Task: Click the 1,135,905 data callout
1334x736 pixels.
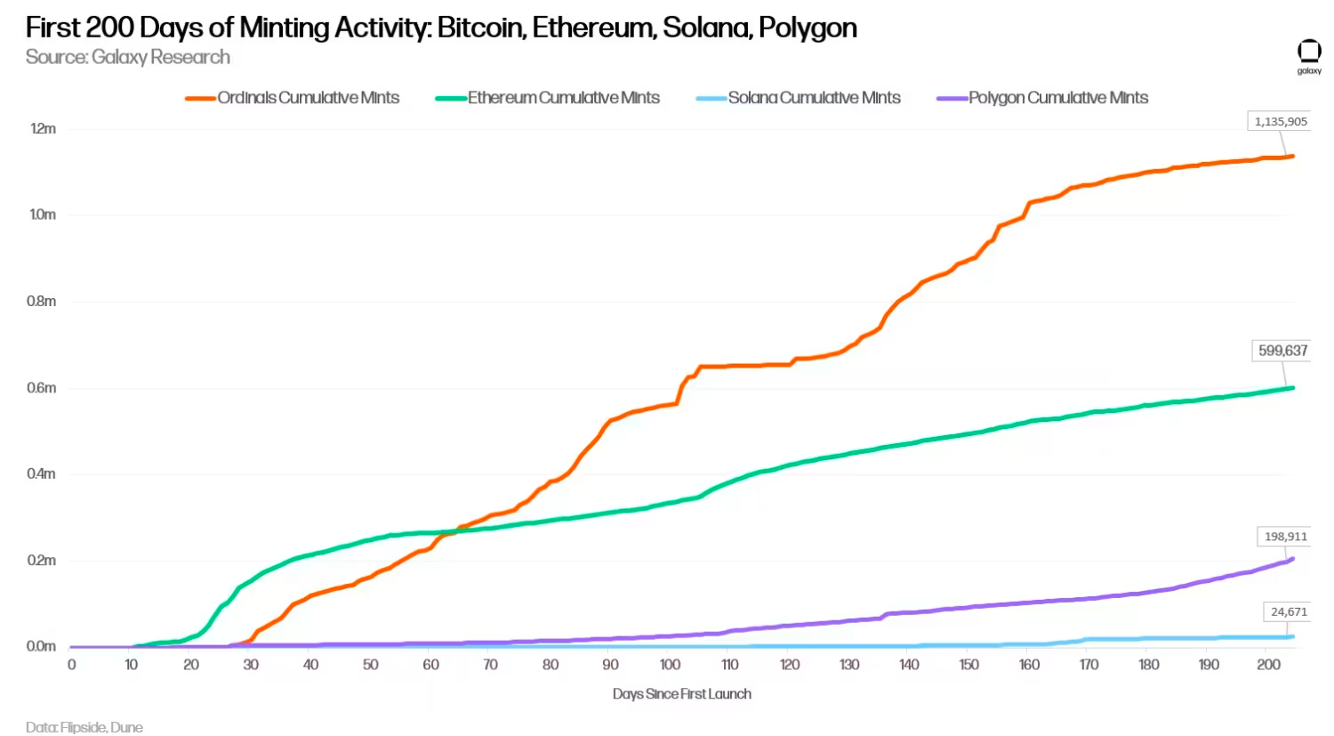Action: pos(1281,121)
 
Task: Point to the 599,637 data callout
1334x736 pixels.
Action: pos(1282,351)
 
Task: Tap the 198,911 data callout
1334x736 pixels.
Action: pos(1286,537)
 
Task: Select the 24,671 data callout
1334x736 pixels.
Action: pos(1289,611)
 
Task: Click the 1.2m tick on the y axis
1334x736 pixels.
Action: pos(43,129)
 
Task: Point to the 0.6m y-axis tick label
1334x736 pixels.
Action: pos(41,388)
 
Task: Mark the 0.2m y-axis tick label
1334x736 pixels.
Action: pos(41,561)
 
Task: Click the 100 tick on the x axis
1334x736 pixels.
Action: pos(670,665)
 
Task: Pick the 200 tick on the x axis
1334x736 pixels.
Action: pos(1268,665)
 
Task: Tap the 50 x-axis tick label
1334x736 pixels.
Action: pos(370,665)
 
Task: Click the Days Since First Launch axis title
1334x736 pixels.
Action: pos(681,694)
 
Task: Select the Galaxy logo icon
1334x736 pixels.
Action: pos(1309,53)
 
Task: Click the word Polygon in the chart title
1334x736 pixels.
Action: pos(808,28)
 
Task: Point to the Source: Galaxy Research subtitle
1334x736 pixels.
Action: pos(128,58)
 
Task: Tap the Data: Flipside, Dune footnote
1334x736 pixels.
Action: pos(84,727)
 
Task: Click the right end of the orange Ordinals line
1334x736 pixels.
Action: pos(1292,157)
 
